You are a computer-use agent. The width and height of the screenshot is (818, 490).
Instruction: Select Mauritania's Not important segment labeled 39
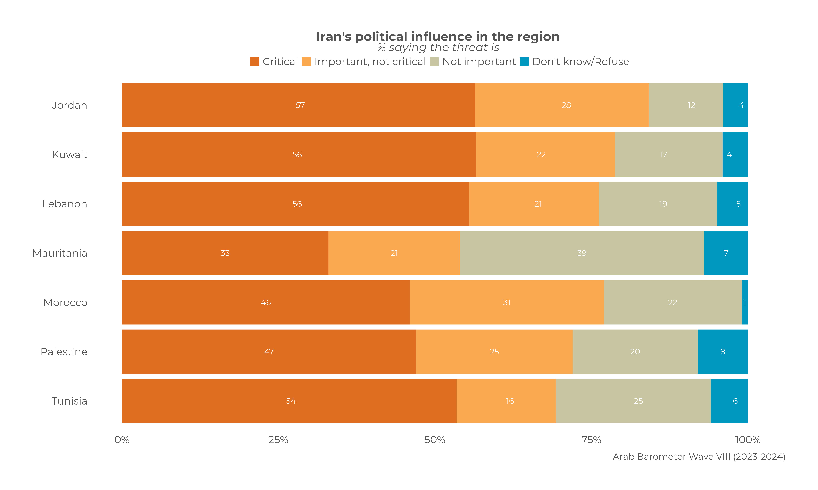[x=582, y=253]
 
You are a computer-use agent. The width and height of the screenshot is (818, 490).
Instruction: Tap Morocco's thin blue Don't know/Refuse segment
[x=745, y=302]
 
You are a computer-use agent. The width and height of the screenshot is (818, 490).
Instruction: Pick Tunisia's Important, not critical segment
[x=506, y=401]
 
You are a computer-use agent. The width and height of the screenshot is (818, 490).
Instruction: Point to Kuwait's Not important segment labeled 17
[x=669, y=154]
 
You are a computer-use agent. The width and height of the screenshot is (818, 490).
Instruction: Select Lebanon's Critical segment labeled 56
[x=295, y=204]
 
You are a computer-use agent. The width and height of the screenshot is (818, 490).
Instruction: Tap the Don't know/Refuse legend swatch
[x=524, y=61]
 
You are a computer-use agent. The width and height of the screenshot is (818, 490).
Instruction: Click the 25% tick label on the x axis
[x=278, y=440]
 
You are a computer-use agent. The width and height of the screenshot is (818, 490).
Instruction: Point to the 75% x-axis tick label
[x=591, y=440]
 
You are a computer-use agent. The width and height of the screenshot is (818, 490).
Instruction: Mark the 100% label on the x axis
[x=748, y=440]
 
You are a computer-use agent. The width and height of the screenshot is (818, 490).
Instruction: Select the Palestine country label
[x=64, y=352]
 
